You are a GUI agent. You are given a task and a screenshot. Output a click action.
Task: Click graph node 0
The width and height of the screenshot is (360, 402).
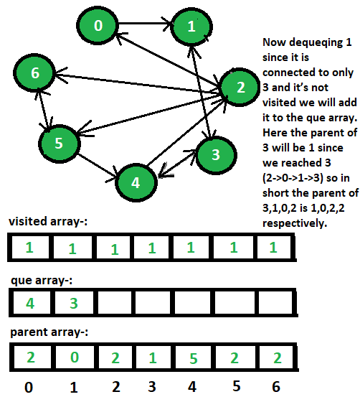(98, 25)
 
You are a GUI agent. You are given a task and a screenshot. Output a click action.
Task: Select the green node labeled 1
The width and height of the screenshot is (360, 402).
(191, 27)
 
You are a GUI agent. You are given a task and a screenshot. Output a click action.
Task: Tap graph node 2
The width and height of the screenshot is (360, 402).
(240, 87)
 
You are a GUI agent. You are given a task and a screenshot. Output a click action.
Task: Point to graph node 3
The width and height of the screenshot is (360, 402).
(216, 155)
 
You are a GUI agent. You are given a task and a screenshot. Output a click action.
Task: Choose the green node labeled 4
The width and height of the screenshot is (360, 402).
(136, 182)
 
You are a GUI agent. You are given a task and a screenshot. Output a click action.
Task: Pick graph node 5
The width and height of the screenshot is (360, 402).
(59, 144)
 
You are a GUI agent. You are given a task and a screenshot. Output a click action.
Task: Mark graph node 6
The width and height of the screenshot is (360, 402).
(34, 73)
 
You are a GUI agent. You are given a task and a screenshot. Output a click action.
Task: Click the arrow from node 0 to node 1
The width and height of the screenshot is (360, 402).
(145, 24)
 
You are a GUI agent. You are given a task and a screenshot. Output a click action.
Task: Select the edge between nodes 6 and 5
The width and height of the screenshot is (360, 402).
(43, 108)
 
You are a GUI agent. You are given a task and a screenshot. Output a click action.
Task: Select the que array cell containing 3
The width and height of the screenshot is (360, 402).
(74, 303)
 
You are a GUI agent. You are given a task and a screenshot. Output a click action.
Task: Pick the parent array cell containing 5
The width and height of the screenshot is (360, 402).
(194, 357)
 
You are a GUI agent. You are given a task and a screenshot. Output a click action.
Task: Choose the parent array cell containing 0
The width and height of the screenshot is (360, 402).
(75, 357)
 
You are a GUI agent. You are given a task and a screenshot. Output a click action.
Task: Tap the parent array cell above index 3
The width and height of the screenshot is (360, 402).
(153, 357)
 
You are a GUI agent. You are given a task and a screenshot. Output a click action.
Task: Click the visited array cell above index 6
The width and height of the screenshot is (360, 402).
(274, 247)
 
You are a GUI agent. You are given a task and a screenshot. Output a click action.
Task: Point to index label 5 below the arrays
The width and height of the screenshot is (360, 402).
(237, 386)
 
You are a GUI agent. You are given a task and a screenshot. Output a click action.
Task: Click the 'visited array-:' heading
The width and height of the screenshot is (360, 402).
(48, 221)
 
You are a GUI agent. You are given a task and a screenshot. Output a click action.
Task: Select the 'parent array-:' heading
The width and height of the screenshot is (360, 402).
(49, 332)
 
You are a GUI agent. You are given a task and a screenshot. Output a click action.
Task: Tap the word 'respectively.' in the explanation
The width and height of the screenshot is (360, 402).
(295, 223)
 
